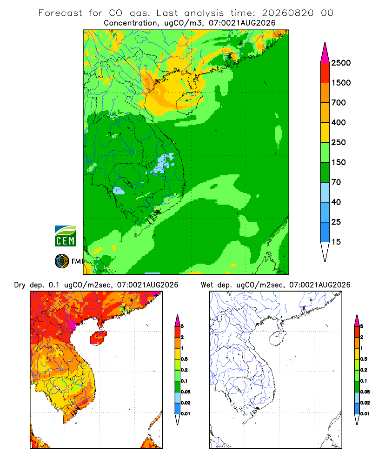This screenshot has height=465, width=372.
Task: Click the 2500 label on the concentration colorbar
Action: (341, 63)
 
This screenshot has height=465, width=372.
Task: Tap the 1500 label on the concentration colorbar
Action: (341, 83)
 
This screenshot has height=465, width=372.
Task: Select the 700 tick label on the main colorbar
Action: (339, 103)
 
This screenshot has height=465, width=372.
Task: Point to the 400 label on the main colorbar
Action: (339, 122)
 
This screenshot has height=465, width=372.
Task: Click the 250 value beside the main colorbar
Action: (339, 142)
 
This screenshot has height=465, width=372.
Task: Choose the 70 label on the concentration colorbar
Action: (336, 182)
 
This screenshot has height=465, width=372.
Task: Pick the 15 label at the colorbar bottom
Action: (336, 242)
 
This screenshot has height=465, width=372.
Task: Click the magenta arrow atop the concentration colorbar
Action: (325, 53)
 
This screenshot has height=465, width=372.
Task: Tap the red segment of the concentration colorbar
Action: (325, 73)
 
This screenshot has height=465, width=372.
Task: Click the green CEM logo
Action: (65, 236)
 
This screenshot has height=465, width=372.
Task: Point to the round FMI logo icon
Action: (62, 261)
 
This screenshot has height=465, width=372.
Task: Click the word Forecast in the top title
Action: (60, 13)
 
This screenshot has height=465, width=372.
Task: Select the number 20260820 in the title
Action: (287, 13)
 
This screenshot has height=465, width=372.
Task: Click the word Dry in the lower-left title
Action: (20, 285)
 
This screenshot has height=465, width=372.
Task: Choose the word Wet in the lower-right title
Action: (207, 285)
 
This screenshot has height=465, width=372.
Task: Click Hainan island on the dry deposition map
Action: (98, 338)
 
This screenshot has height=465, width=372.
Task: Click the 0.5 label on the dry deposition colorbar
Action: (184, 359)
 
